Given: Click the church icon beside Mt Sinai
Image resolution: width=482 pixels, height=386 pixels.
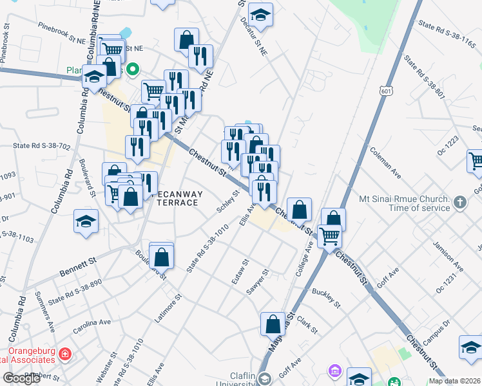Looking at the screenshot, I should [460, 202].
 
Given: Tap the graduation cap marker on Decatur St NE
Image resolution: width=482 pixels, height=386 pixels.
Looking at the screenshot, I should [260, 14].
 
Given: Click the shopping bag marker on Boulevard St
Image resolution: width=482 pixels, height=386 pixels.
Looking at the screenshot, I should [161, 257].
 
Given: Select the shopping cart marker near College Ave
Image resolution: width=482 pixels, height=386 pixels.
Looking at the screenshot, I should [330, 235].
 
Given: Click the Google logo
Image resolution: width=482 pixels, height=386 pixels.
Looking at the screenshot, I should [21, 378].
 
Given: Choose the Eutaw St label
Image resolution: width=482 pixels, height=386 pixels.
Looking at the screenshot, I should [238, 273].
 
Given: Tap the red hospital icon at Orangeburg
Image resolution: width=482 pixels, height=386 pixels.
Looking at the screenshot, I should [65, 354].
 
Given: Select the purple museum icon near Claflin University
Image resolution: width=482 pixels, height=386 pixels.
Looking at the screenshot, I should [334, 371].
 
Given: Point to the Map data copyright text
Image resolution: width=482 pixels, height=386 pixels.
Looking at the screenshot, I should [454, 381].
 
